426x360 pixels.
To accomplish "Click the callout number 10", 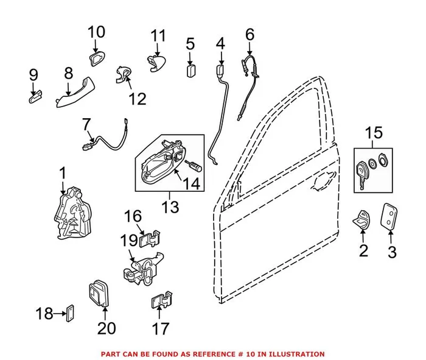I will (96, 31).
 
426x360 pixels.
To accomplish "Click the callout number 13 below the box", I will (170, 207).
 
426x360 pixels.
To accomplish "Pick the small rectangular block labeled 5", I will (190, 69).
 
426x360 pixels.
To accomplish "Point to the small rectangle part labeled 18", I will (69, 314).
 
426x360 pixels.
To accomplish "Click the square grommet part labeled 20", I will (97, 293).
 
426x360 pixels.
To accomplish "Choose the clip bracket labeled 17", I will (160, 300).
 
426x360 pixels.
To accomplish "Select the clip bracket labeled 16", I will (150, 237).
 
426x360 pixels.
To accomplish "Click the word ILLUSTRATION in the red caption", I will (295, 354).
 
